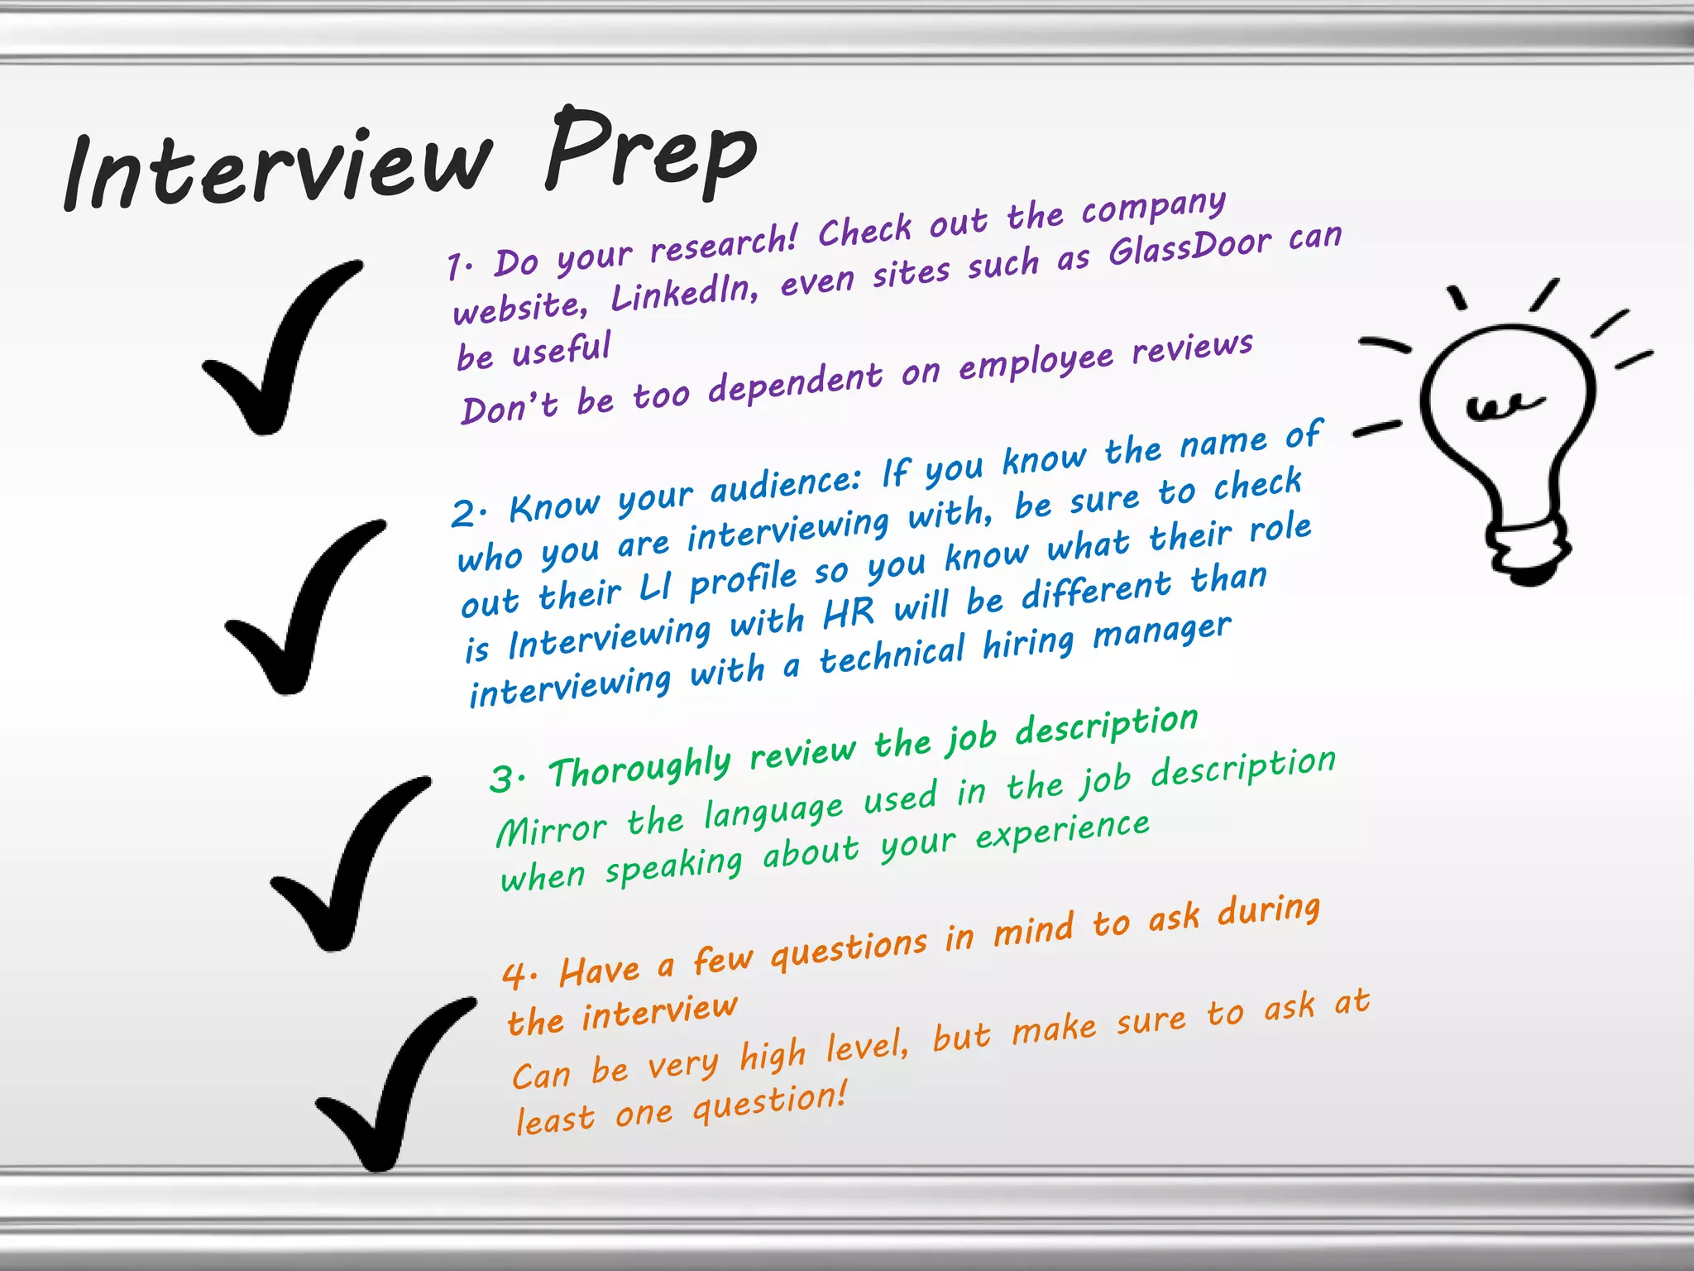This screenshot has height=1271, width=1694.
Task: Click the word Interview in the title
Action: [277, 170]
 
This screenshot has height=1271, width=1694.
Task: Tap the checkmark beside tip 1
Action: [277, 352]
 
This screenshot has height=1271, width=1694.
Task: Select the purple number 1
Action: [457, 267]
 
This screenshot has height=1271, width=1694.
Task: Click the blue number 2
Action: [465, 514]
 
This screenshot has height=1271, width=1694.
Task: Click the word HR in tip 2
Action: [849, 613]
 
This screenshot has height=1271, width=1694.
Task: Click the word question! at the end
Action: [769, 1102]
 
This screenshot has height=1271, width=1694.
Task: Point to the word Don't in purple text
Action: [509, 407]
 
